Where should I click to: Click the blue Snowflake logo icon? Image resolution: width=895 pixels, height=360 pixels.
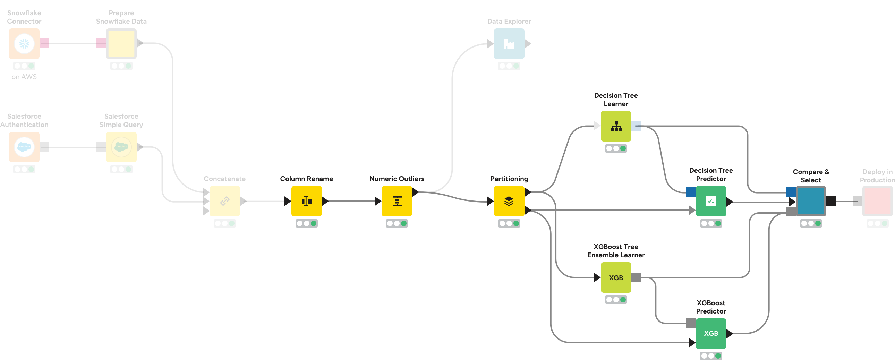click(x=24, y=44)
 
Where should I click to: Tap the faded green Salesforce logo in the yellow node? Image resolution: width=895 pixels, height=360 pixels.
click(x=121, y=147)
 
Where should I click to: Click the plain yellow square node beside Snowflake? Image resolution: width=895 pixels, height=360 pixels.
click(x=121, y=44)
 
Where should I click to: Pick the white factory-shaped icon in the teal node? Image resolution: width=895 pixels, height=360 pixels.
click(x=509, y=44)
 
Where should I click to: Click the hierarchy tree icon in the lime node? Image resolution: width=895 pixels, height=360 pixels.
click(x=616, y=127)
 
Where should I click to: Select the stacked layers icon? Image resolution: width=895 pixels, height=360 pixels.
click(x=509, y=201)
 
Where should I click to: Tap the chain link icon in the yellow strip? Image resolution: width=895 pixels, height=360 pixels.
click(x=225, y=201)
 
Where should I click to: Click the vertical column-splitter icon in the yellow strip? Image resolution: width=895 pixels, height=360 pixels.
click(x=307, y=201)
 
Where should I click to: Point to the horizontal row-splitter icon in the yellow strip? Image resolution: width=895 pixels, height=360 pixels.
click(x=397, y=201)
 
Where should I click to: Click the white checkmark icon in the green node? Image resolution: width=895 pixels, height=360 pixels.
click(x=711, y=201)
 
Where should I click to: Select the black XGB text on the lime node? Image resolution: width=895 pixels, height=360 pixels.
click(x=616, y=278)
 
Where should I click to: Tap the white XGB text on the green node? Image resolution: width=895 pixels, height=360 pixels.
click(x=711, y=333)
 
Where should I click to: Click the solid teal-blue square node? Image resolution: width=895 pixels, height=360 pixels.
click(x=811, y=201)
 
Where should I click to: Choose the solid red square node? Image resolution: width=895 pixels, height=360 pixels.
click(x=877, y=201)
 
